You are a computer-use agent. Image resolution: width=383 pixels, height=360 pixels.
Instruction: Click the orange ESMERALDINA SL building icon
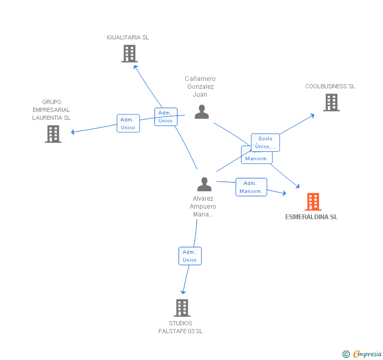coord(313,202)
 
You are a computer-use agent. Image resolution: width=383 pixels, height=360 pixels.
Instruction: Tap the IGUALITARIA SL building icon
coord(129,54)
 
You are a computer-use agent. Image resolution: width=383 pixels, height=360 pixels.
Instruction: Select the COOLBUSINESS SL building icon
coord(331,102)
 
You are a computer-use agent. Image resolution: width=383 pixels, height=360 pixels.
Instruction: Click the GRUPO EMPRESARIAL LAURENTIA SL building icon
coord(53,134)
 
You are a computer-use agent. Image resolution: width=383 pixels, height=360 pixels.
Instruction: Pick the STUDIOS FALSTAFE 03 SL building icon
coord(181,308)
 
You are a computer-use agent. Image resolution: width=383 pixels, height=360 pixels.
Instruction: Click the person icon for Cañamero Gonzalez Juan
coord(201,112)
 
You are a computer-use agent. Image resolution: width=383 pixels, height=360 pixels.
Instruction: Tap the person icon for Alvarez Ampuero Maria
coord(204,184)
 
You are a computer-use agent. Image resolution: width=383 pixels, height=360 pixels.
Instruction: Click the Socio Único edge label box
coord(265,142)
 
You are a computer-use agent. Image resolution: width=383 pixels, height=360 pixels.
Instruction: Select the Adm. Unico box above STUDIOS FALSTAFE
coord(189,256)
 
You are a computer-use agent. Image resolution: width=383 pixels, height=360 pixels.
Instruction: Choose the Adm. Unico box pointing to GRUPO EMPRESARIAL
coord(128,124)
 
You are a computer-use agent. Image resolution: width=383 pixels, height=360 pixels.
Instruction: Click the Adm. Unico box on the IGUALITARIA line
coord(165,117)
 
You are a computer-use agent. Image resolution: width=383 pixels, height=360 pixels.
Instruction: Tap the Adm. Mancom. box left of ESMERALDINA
coord(251,187)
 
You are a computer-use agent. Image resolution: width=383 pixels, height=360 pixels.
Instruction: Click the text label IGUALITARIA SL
coord(128,37)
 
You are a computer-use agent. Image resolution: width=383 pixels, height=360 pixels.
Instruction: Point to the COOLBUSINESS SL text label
coord(330,86)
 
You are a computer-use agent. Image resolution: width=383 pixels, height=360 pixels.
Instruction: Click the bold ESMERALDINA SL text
coord(311,217)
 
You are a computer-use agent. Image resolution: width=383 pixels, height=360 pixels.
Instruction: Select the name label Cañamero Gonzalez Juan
coord(200,87)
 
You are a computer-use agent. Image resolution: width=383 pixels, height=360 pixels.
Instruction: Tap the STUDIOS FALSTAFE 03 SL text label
coord(180,327)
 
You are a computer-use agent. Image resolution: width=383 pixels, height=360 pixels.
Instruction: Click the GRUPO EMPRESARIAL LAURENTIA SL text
coord(52,110)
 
